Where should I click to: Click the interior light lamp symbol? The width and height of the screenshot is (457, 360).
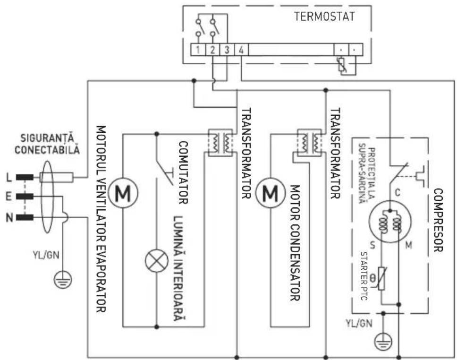[155, 262]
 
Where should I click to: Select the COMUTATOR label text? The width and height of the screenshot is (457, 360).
[183, 172]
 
